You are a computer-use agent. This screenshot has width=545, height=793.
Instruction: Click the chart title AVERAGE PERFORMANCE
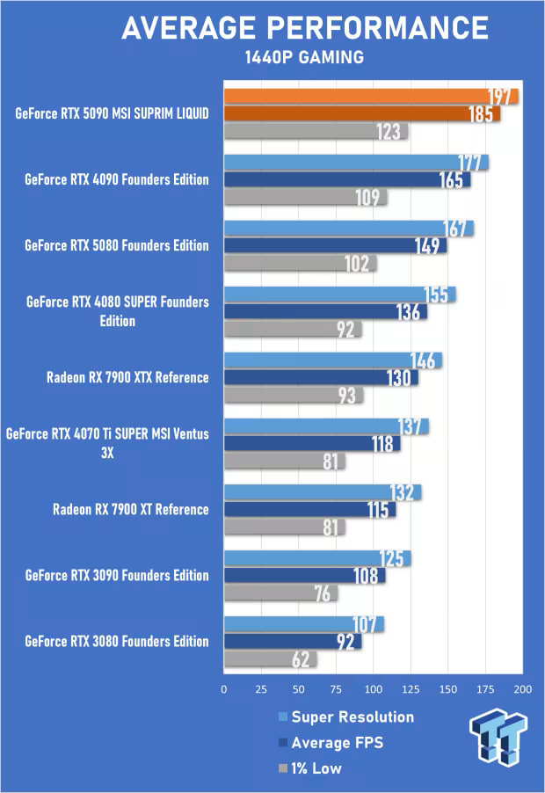tap(304, 28)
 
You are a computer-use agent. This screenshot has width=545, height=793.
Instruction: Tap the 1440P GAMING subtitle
tap(304, 58)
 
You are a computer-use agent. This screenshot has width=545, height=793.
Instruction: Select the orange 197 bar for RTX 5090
tap(369, 97)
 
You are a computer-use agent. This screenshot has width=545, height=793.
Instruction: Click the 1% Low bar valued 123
tap(315, 132)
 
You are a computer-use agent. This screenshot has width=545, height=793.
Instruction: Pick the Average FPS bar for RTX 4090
tap(346, 180)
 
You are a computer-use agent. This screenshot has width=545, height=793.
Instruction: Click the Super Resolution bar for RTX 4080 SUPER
tap(338, 295)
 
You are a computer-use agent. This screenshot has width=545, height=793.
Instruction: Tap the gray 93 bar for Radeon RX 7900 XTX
tap(292, 396)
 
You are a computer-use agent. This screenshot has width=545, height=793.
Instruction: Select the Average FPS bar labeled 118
tap(311, 444)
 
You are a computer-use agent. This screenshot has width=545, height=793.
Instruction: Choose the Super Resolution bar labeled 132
tap(322, 492)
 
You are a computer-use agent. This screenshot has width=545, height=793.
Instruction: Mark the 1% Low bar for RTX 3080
tap(269, 659)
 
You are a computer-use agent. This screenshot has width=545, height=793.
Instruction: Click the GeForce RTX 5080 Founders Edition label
tap(117, 245)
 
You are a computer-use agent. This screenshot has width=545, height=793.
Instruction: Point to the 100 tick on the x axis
tap(374, 689)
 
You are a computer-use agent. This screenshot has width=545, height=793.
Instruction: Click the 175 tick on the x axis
tap(486, 689)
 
